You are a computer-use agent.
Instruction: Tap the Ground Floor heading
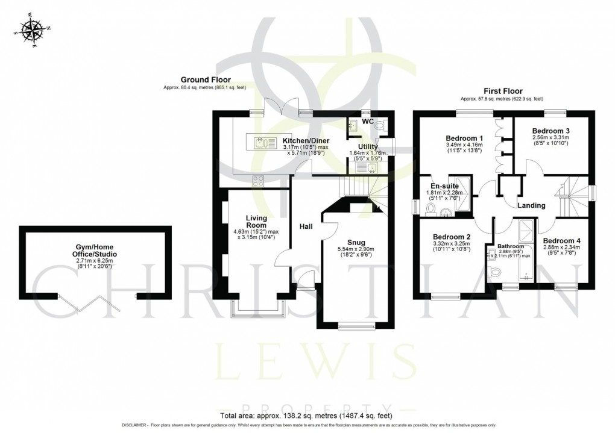206,79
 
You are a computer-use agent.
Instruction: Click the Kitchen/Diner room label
306,140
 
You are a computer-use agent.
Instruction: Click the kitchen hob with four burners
258,179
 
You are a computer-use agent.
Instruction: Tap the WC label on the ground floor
368,122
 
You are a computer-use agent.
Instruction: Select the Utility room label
368,146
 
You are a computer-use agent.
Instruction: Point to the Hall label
306,226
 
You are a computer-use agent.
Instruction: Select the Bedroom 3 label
551,131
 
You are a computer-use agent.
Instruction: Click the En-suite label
443,186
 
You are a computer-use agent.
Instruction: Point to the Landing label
531,205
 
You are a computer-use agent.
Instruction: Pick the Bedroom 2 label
452,236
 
